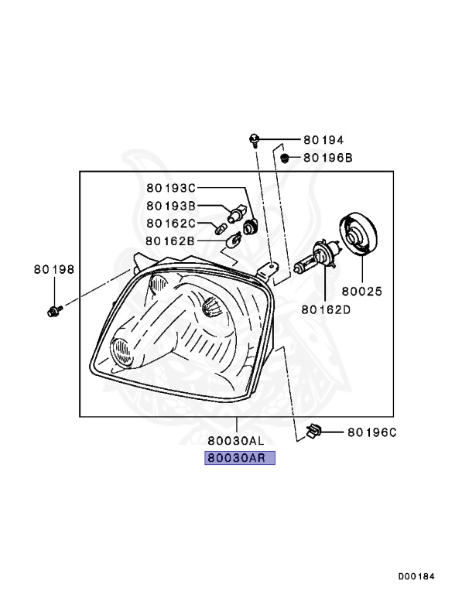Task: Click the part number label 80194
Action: pyautogui.click(x=323, y=140)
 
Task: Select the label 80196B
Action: pyautogui.click(x=328, y=158)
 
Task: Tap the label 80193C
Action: pyautogui.click(x=171, y=187)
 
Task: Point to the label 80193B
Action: pyautogui.click(x=171, y=206)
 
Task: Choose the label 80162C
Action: pyautogui.click(x=171, y=224)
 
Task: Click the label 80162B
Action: pyautogui.click(x=170, y=241)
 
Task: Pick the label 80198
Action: pyautogui.click(x=54, y=269)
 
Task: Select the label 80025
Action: pyautogui.click(x=362, y=292)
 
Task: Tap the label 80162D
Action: pyautogui.click(x=326, y=309)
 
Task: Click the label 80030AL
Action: pyautogui.click(x=236, y=441)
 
